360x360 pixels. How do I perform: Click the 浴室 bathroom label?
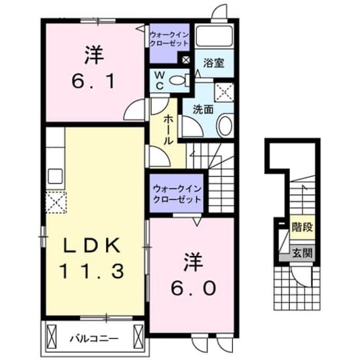tap(214, 63)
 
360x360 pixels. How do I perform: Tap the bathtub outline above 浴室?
tap(214, 36)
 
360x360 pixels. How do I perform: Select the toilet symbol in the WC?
tap(180, 80)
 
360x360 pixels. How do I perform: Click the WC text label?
tap(160, 80)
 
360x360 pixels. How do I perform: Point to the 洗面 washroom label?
tap(203, 109)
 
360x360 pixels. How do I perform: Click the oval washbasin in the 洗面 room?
tap(225, 126)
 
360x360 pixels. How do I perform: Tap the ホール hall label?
tap(168, 130)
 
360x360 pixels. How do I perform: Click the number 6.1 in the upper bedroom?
tap(93, 82)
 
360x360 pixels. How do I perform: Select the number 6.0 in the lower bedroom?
tap(193, 289)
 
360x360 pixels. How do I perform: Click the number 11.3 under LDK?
tap(92, 271)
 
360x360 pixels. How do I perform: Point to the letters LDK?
tap(92, 246)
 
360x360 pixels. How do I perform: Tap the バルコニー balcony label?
tap(94, 339)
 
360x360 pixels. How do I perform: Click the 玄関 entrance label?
tap(302, 253)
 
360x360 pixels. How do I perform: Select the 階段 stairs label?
tap(302, 227)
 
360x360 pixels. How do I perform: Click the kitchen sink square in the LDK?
tap(55, 176)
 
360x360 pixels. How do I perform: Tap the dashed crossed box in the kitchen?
tap(56, 202)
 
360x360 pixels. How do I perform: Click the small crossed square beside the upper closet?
tap(186, 60)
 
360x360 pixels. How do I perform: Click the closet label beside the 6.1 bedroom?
tap(169, 39)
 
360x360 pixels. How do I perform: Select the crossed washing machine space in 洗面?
tap(224, 92)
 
